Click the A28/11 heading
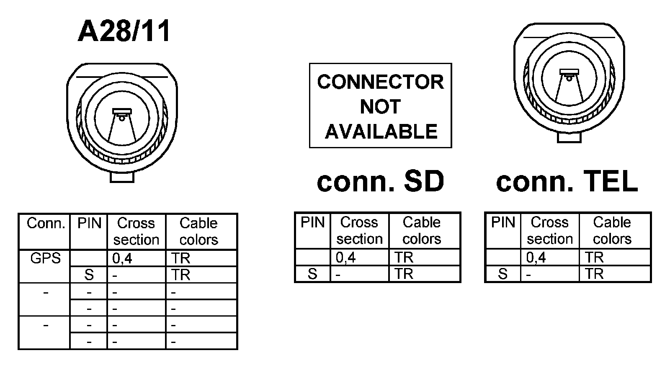click(124, 31)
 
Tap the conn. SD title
click(380, 181)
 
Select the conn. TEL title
click(567, 181)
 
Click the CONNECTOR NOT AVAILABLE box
click(380, 106)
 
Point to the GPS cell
click(45, 258)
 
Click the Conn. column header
click(46, 223)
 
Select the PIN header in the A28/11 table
click(89, 223)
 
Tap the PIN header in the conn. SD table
click(312, 222)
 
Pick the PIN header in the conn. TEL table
click(502, 222)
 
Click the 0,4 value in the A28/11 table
click(122, 258)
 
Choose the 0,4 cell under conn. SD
click(345, 257)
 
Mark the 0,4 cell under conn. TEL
click(536, 257)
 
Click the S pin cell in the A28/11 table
click(89, 275)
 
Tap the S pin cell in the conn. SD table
click(312, 274)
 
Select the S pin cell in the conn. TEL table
click(502, 274)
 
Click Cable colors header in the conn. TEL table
click(612, 230)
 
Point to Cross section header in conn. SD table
click(359, 230)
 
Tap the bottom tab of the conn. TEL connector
click(569, 137)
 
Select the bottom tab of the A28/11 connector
click(122, 177)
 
